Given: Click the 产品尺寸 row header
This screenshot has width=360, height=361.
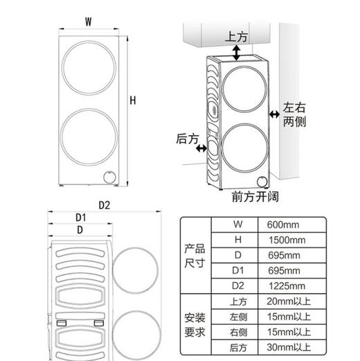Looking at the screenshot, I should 194,254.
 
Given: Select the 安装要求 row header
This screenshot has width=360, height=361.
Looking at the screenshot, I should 194,324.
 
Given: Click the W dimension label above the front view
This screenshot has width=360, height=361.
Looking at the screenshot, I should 89,21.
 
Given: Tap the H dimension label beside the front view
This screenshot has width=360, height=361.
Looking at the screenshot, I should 132,101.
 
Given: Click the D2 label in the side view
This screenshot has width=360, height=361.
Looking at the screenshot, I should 105,205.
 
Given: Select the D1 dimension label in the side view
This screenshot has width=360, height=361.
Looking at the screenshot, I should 80,217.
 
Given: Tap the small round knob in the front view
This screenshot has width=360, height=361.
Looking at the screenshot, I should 109,177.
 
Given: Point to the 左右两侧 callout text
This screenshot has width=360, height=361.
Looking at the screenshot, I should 293,114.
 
